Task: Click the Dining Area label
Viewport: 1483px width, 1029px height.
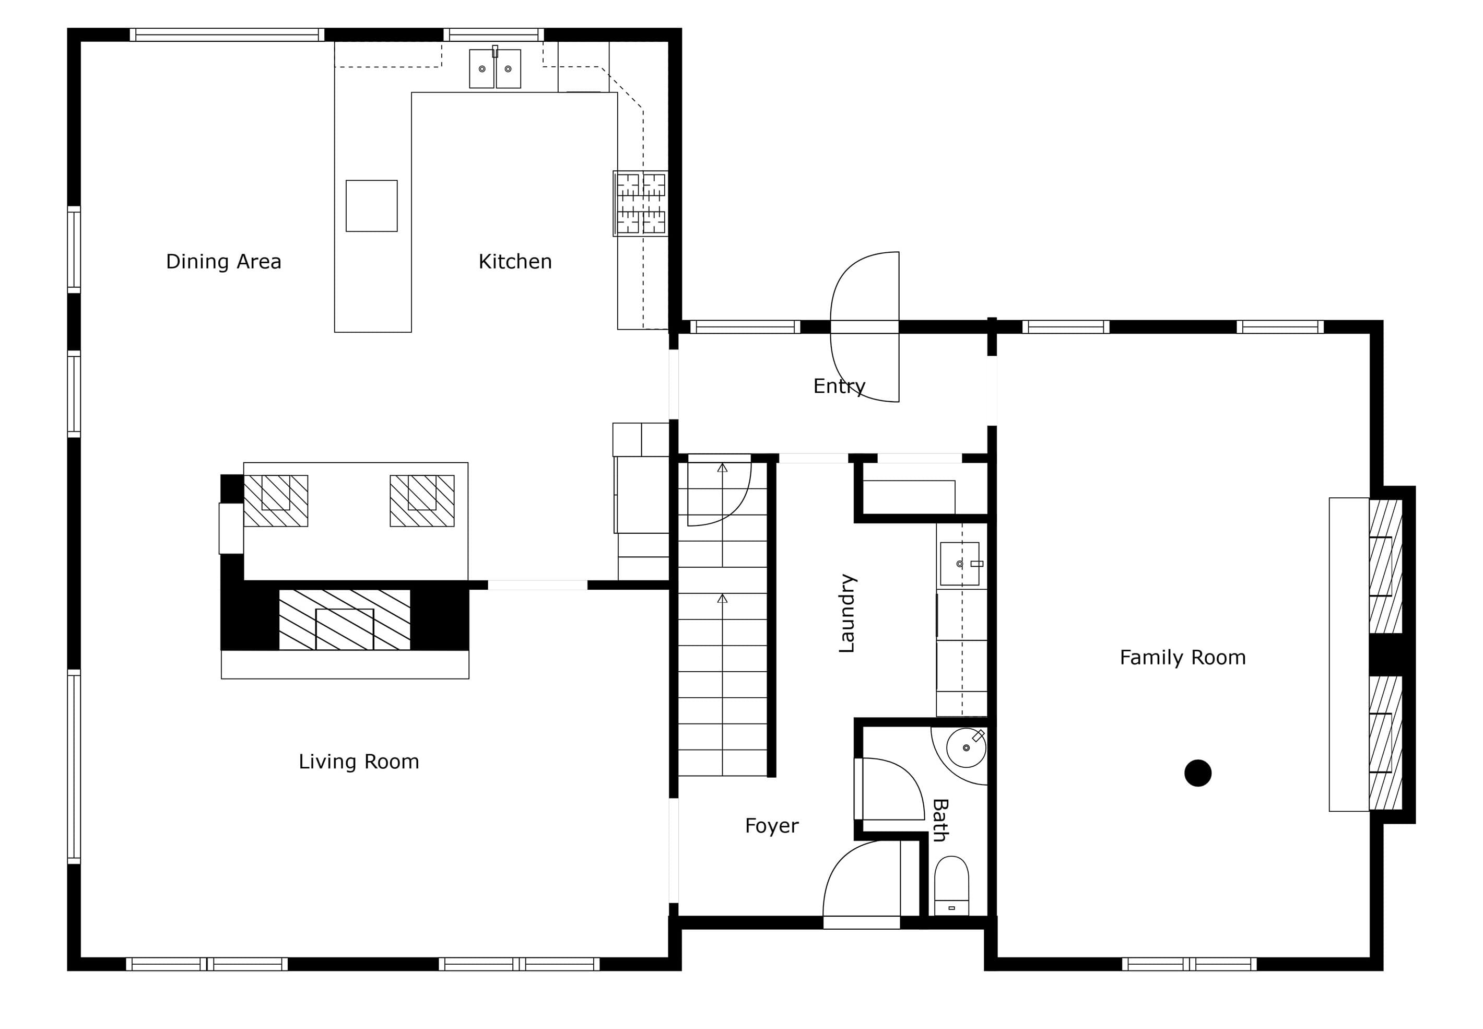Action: click(x=223, y=262)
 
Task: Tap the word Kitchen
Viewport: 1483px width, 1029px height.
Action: click(x=515, y=262)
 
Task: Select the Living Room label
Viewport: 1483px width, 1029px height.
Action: click(x=359, y=762)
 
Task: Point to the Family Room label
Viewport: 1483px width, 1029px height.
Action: click(x=1183, y=658)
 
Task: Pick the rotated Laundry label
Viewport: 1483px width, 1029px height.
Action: click(x=847, y=613)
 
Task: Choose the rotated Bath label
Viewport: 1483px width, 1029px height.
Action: click(x=940, y=820)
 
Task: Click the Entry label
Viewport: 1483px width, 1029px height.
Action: click(x=839, y=386)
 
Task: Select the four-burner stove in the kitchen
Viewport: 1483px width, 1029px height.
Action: click(x=640, y=204)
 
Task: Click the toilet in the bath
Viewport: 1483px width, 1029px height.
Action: click(x=951, y=886)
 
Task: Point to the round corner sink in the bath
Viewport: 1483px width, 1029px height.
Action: click(x=966, y=748)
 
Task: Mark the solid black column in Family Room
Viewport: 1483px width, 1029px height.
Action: click(x=1198, y=773)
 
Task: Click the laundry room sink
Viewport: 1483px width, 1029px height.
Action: click(x=960, y=564)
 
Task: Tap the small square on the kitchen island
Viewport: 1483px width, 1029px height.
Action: click(x=372, y=206)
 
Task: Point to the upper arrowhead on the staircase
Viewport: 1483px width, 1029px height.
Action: click(x=723, y=468)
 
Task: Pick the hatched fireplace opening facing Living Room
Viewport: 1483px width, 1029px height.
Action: click(x=345, y=619)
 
